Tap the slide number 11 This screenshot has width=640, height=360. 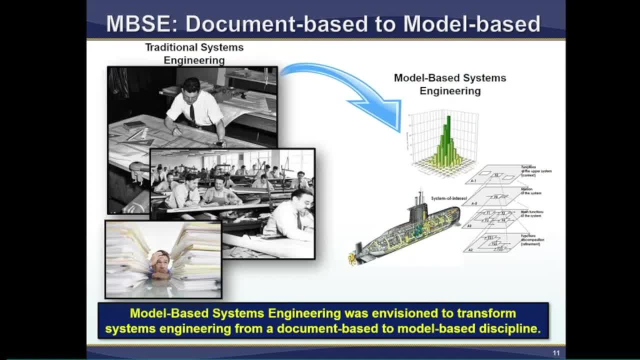[556, 353]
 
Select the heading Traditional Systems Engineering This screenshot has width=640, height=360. [194, 53]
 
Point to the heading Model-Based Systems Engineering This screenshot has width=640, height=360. [449, 84]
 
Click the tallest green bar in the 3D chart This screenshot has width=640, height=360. [448, 132]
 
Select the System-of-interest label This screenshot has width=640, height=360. [448, 198]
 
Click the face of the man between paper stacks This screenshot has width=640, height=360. [161, 262]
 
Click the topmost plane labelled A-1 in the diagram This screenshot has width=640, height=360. [495, 175]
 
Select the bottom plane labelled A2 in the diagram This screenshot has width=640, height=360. [492, 244]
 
